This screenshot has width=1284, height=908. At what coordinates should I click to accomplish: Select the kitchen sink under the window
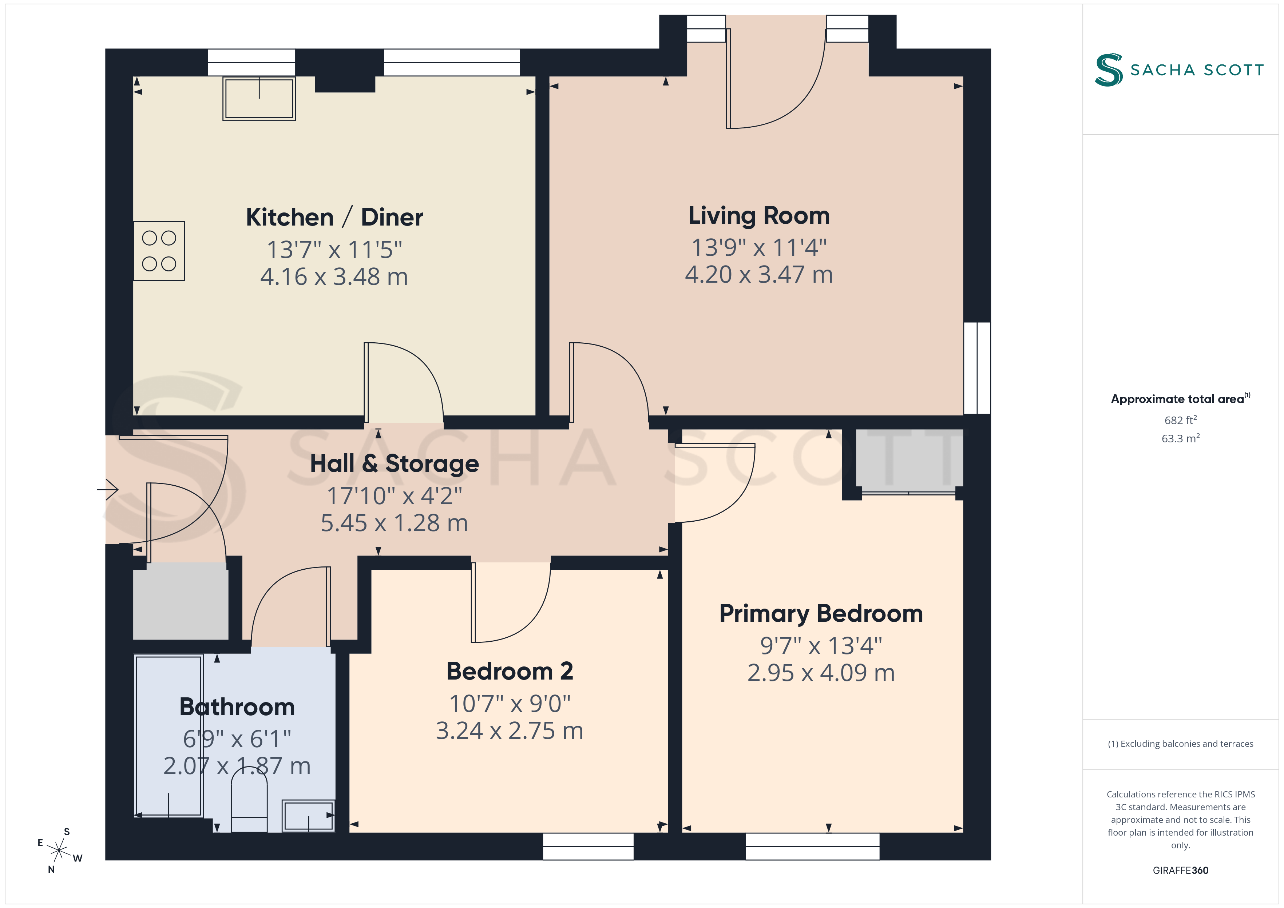click(259, 99)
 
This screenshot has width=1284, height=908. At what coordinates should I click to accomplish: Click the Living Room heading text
click(759, 216)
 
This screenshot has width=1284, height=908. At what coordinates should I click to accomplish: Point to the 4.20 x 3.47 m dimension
click(759, 275)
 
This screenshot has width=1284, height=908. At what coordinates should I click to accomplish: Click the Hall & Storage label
click(394, 463)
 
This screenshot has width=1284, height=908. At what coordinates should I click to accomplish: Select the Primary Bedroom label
click(821, 614)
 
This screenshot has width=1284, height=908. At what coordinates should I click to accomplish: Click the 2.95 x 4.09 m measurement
click(821, 673)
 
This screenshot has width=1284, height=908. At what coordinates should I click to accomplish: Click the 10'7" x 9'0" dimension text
click(510, 703)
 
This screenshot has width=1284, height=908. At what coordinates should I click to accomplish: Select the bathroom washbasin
click(308, 816)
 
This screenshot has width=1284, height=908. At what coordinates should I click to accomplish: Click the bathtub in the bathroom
click(169, 736)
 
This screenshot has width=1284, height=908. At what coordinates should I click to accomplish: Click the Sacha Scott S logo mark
click(1109, 70)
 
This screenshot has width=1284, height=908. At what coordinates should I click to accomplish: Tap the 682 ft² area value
click(1181, 420)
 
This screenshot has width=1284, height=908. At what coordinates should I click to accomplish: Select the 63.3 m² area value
click(1181, 438)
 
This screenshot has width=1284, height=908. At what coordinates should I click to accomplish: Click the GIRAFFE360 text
click(1181, 871)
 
